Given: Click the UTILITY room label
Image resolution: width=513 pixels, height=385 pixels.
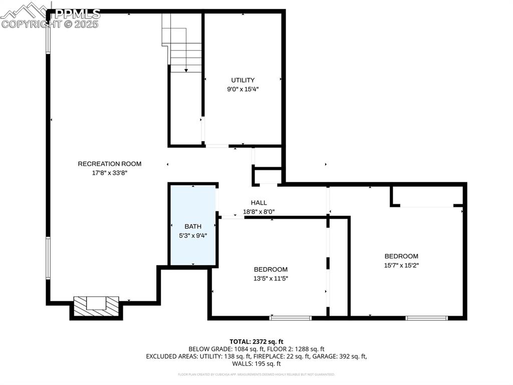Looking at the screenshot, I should (242, 80).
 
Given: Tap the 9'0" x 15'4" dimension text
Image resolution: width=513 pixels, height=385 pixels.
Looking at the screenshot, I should (242, 89).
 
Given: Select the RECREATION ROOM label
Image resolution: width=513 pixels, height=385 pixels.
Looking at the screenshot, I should (109, 164).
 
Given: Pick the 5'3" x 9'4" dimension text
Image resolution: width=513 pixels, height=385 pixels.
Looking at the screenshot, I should (193, 235).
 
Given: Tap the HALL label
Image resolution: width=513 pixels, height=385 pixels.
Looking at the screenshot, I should (259, 203).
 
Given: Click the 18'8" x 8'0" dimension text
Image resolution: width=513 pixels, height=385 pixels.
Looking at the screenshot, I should (259, 212).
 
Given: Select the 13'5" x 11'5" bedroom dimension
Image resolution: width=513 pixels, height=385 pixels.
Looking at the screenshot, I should (271, 278).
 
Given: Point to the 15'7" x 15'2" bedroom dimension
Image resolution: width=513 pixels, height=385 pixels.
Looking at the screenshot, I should (401, 265).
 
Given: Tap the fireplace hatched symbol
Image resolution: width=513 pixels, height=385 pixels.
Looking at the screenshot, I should (96, 307).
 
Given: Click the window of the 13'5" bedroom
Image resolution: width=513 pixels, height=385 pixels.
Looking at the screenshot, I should (290, 318).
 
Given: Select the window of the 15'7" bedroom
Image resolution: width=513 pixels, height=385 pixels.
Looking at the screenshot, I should (426, 318).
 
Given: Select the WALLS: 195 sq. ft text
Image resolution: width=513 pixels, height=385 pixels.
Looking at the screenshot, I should (256, 364).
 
